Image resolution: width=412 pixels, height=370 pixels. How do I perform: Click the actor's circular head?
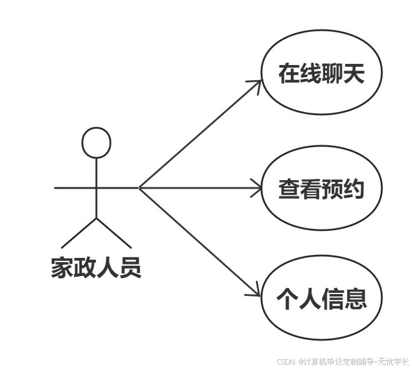coord(96,143)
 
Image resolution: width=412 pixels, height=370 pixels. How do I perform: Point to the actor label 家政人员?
coord(96,268)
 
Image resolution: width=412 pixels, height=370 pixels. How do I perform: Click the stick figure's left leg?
coord(79,233)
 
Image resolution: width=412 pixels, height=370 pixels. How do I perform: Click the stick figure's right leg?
coord(114,233)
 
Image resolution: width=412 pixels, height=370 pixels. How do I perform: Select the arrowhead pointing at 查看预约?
coord(258,188)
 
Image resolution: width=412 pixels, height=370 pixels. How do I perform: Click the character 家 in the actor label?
coord(61,268)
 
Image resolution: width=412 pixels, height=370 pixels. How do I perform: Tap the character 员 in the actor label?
coord(130,268)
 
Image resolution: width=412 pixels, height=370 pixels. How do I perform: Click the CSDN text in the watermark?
coord(285,362)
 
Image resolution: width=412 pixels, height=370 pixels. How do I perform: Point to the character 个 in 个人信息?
coord(288,298)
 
